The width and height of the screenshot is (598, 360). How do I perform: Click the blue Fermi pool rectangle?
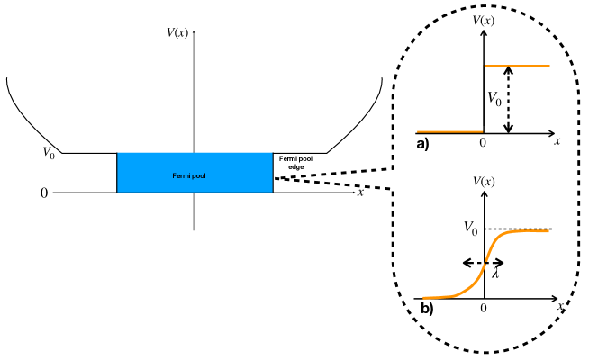point(195,173)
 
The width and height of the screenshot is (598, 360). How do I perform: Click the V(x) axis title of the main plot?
point(183,33)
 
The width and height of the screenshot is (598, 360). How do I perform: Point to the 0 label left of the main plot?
point(43,193)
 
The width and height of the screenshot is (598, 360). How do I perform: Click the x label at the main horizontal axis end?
point(360,192)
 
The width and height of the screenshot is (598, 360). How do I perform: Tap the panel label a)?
point(422,142)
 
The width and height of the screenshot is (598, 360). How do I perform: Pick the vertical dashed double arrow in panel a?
point(510,99)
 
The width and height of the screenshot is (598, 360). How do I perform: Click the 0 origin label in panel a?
point(483,142)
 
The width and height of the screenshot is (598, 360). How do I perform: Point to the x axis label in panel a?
point(557,141)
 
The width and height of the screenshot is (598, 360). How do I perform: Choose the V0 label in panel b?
point(468,230)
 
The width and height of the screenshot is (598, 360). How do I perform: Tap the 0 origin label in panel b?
point(484,308)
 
